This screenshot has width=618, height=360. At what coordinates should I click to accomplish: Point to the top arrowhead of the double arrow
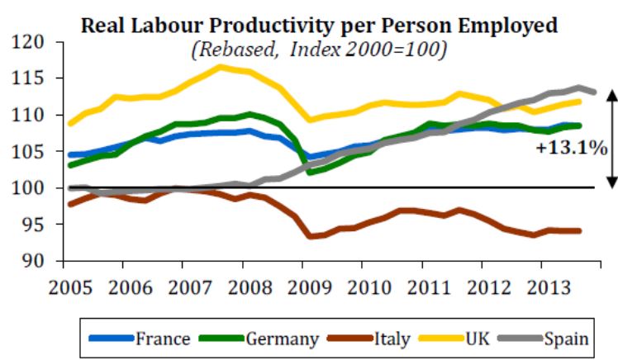click(x=612, y=92)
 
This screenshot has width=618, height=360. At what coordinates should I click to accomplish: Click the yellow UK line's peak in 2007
click(x=221, y=67)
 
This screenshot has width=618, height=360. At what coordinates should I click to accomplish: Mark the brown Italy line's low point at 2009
click(x=310, y=237)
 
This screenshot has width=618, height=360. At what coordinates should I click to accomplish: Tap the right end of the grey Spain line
click(x=594, y=92)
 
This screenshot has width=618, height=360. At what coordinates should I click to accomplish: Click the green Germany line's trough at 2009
click(x=310, y=173)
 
